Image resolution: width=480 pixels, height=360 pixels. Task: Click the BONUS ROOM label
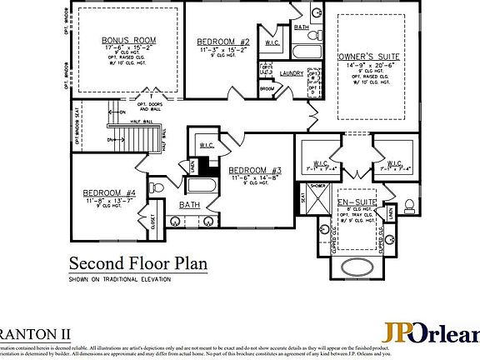click(129, 40)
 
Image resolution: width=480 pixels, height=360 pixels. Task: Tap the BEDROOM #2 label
click(223, 42)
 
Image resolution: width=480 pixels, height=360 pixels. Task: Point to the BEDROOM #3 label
click(256, 171)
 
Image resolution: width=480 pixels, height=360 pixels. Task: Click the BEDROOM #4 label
click(102, 192)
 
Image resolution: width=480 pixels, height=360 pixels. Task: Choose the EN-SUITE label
click(352, 202)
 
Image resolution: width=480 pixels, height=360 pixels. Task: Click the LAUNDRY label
click(291, 73)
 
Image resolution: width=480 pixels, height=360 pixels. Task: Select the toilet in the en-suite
click(409, 205)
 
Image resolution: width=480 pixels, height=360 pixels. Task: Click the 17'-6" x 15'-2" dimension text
click(129, 47)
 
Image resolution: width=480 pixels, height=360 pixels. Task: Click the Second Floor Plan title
click(137, 264)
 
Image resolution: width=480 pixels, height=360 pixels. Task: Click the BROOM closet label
click(267, 88)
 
